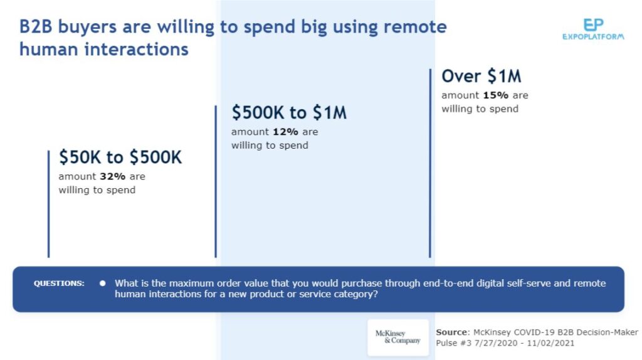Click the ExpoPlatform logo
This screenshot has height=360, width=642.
[593, 29]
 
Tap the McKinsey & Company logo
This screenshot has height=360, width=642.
[398, 337]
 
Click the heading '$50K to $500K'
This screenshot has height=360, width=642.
[120, 157]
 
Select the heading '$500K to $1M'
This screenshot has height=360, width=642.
[289, 113]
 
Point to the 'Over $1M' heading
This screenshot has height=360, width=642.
[481, 76]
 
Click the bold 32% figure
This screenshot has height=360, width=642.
[113, 176]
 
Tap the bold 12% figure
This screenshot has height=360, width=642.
[285, 132]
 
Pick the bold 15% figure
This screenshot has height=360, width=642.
[495, 95]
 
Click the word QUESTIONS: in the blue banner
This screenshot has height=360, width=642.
[59, 283]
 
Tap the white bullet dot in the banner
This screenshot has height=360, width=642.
[102, 283]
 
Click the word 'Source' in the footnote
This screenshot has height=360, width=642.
[451, 332]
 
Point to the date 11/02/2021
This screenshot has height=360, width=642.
[550, 343]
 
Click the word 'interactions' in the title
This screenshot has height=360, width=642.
[136, 50]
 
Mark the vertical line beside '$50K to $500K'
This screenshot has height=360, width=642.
[49, 204]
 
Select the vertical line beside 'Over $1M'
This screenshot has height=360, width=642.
[430, 163]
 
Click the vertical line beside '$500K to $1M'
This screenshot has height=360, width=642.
[216, 181]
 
